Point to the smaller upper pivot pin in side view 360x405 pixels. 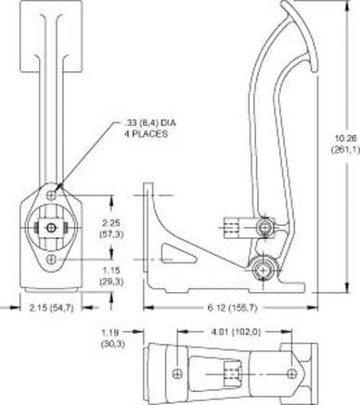click(266, 225)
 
